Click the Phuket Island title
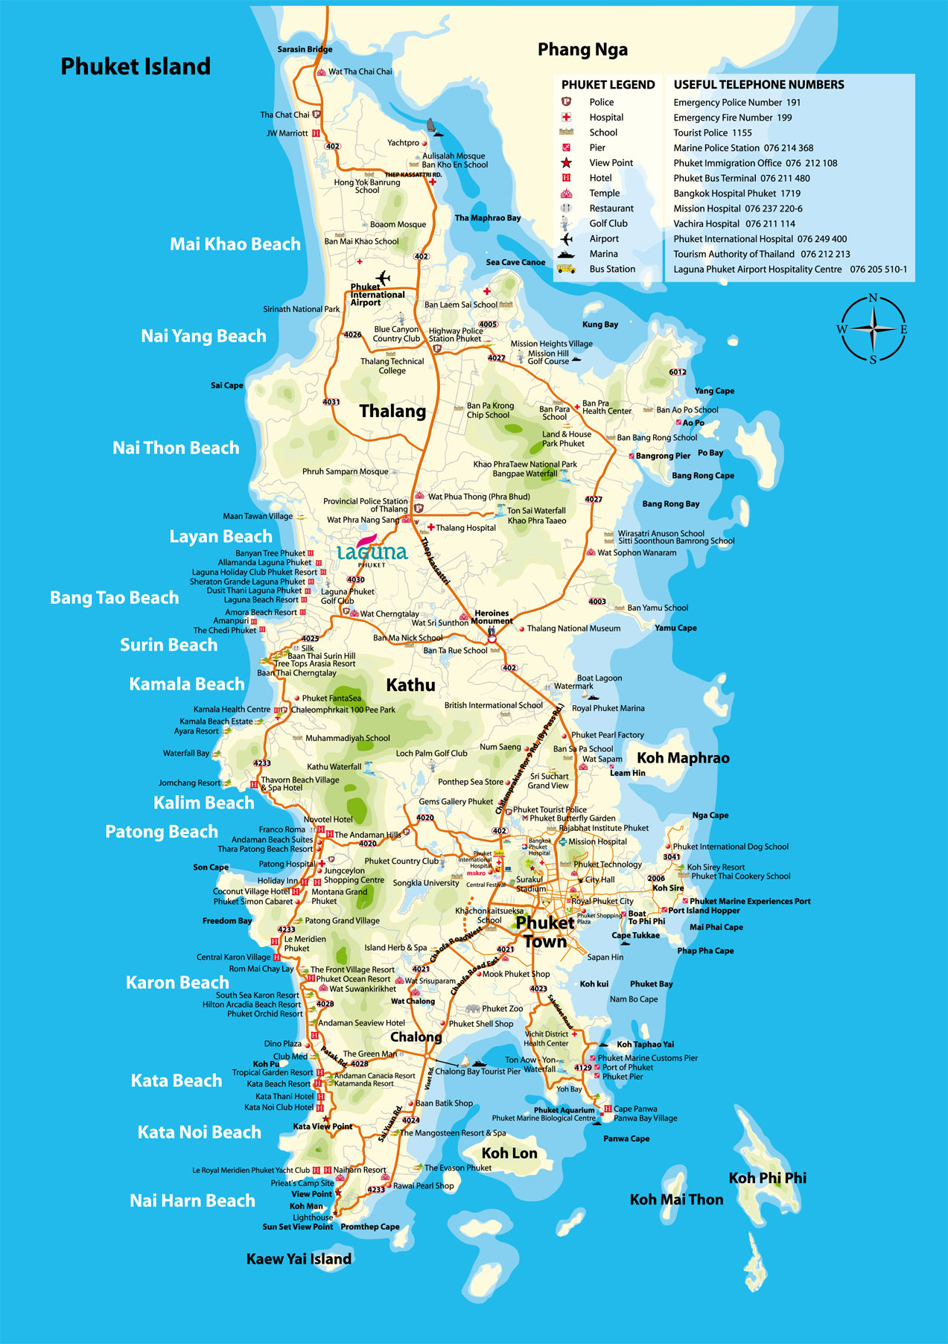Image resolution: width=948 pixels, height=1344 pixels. click(135, 66)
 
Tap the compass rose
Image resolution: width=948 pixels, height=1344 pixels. click(873, 328)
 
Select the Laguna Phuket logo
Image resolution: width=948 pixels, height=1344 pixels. click(372, 550)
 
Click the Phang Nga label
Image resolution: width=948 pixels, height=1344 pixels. click(582, 50)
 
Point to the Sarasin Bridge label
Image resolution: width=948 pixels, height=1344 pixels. click(305, 49)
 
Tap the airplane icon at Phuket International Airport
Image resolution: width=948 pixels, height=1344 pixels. click(383, 278)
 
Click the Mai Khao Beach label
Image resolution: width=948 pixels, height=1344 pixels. click(235, 244)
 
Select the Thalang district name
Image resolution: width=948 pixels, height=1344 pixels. click(392, 411)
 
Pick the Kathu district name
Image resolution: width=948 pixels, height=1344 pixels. click(410, 685)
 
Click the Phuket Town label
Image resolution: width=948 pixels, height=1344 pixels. click(545, 931)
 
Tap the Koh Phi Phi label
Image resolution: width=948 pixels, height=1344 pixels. click(767, 1178)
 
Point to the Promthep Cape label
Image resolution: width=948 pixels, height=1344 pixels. click(370, 1226)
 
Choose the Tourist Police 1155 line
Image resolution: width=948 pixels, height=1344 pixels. click(713, 133)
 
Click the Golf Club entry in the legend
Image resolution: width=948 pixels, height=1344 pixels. click(608, 223)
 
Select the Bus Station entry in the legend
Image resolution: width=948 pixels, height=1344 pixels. click(612, 269)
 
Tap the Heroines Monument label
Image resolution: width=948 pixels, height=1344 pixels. click(492, 617)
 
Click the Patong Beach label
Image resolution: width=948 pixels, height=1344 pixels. click(161, 832)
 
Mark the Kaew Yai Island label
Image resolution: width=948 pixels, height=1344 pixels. click(299, 1259)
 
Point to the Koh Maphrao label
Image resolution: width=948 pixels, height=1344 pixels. click(683, 758)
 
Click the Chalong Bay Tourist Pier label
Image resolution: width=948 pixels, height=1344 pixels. click(477, 1071)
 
